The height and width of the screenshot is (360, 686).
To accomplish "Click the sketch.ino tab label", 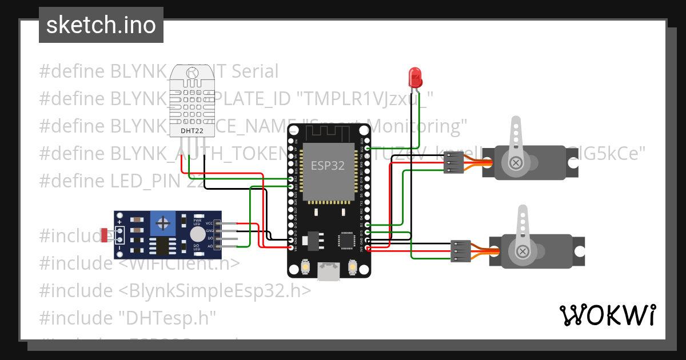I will coord(101,25).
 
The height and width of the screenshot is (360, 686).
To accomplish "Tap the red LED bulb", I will coord(415,77).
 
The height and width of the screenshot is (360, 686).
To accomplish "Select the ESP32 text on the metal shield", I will coord(328,166).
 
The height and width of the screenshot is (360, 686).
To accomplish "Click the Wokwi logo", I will coord(607,315).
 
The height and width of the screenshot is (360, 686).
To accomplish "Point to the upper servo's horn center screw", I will coord(517,163).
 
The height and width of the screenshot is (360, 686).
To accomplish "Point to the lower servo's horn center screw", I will coord(523,251).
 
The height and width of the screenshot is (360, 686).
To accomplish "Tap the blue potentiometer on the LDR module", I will coord(165,222).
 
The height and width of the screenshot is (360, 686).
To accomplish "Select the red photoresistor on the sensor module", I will coord(106,235).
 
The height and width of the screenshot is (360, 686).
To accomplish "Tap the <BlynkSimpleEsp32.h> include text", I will coord(215,290).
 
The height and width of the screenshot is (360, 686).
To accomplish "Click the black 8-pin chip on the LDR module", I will coord(165,246).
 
